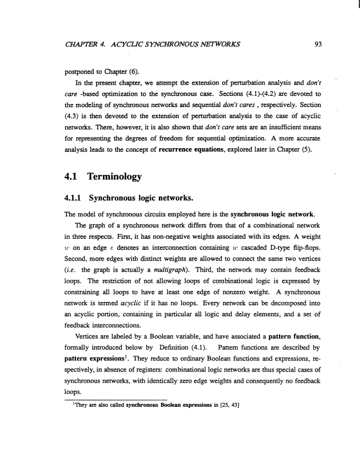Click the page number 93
point(317,41)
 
